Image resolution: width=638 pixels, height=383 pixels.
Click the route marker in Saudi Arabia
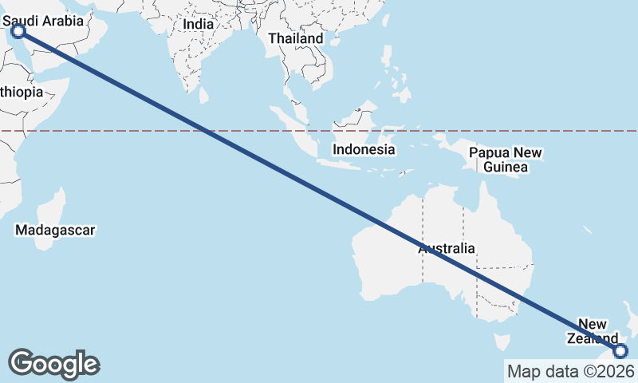[18, 31]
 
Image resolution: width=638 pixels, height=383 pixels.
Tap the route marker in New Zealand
[621, 351]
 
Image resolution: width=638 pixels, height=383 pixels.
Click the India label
[198, 24]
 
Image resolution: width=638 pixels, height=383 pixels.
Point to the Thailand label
[296, 38]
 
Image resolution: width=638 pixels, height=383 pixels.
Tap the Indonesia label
[364, 149]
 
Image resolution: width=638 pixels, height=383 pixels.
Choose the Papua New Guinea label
[505, 160]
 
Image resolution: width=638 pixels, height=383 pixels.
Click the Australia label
[447, 248]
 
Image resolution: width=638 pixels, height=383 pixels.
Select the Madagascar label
[55, 231]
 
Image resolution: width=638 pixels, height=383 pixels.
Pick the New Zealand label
[593, 331]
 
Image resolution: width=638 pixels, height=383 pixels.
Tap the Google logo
[54, 363]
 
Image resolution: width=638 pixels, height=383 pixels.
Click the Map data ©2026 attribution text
[571, 371]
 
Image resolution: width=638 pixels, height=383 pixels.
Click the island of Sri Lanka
[204, 97]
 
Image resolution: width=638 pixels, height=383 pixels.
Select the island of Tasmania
[501, 342]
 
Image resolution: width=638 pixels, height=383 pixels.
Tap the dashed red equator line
[120, 130]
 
